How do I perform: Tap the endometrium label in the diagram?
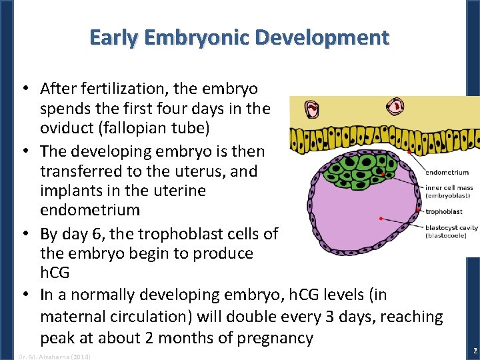(x=447, y=172)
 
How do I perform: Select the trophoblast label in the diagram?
(x=443, y=211)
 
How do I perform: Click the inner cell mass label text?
(x=449, y=188)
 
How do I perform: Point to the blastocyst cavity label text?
(x=451, y=227)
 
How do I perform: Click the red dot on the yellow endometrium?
(x=407, y=152)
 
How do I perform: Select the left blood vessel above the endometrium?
(x=312, y=108)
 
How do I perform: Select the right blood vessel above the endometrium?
(x=397, y=104)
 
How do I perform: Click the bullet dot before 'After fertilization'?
(x=24, y=89)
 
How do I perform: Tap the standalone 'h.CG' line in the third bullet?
(x=57, y=273)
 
